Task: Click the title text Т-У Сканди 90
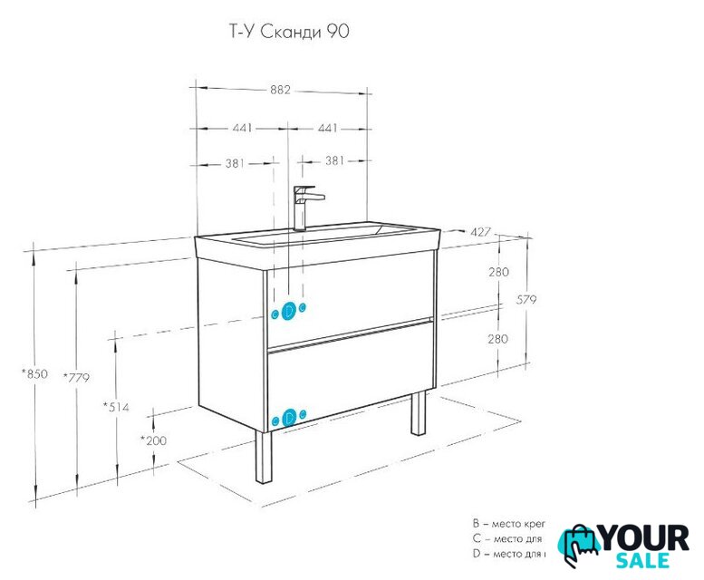pyautogui.click(x=285, y=33)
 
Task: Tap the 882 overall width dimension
pyautogui.click(x=281, y=89)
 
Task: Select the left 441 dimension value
pyautogui.click(x=242, y=128)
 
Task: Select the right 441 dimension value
pyautogui.click(x=328, y=128)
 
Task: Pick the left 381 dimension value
pyautogui.click(x=235, y=162)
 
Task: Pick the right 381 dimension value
pyautogui.click(x=334, y=162)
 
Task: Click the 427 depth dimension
pyautogui.click(x=480, y=233)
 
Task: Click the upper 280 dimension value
pyautogui.click(x=498, y=272)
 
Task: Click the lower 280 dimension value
pyautogui.click(x=498, y=338)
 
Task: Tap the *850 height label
pyautogui.click(x=34, y=372)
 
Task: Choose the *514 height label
pyautogui.click(x=116, y=407)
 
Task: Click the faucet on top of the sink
pyautogui.click(x=304, y=207)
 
